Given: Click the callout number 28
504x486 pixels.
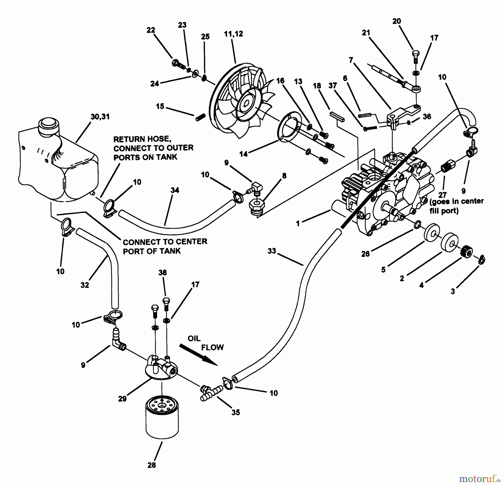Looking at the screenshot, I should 151,465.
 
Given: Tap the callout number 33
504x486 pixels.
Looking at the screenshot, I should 272,251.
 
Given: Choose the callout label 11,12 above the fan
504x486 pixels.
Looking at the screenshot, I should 234,34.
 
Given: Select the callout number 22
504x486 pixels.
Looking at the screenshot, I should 151,30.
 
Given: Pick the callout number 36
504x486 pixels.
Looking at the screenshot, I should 427,116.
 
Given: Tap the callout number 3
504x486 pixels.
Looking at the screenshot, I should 453,291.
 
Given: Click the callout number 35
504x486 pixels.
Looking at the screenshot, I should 235,412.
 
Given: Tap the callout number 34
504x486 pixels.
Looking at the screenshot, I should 175,190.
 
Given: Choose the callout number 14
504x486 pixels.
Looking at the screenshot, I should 243,154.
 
